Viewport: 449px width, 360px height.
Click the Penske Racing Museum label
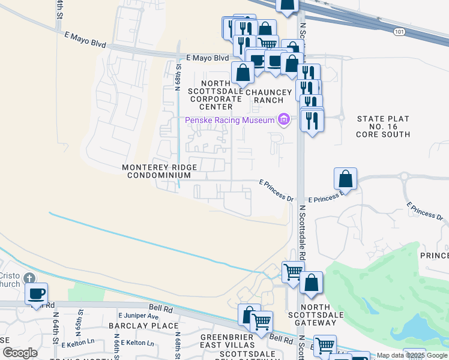click(x=230, y=120)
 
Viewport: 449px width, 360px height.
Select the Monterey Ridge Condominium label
click(x=156, y=171)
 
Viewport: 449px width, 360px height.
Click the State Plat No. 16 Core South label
click(x=384, y=127)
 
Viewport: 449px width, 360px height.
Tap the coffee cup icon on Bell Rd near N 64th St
click(x=37, y=294)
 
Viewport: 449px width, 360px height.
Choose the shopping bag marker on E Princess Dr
click(x=346, y=179)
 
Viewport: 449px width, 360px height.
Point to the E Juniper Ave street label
click(x=138, y=316)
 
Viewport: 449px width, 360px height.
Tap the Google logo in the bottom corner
click(x=20, y=352)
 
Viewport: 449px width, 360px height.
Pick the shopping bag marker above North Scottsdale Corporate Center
click(x=243, y=74)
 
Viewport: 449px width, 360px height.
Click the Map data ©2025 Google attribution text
click(x=412, y=355)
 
